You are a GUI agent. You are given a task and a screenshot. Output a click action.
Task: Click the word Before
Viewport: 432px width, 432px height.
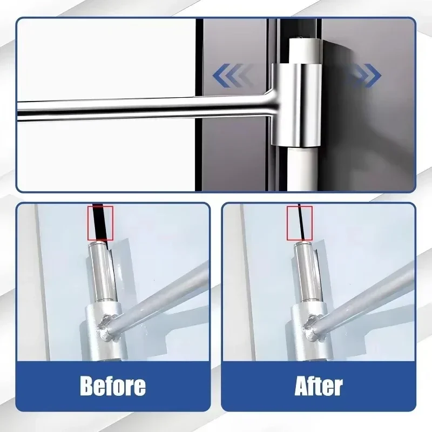[x=113, y=386]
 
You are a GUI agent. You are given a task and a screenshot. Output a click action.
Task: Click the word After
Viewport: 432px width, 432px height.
[x=319, y=386]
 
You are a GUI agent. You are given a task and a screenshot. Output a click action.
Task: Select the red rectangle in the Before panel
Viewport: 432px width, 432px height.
[x=100, y=222]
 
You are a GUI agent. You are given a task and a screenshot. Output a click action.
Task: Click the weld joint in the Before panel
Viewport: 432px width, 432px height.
[x=106, y=327]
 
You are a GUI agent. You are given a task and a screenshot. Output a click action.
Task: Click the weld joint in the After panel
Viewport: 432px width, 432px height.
[x=313, y=327]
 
